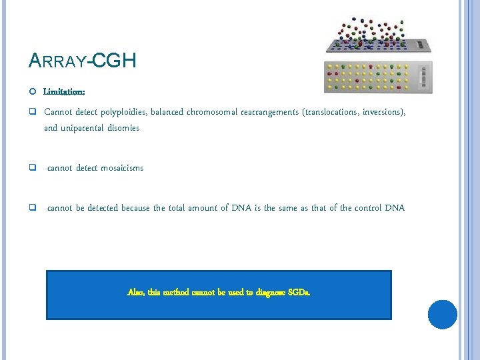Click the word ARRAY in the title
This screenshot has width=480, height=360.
[58, 62]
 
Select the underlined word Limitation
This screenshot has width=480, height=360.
[65, 91]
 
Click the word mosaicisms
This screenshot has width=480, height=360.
[121, 168]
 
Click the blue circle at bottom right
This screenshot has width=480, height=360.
[442, 315]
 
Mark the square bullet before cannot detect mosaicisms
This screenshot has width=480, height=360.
[32, 168]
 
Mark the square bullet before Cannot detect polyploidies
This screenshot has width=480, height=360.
[32, 112]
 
